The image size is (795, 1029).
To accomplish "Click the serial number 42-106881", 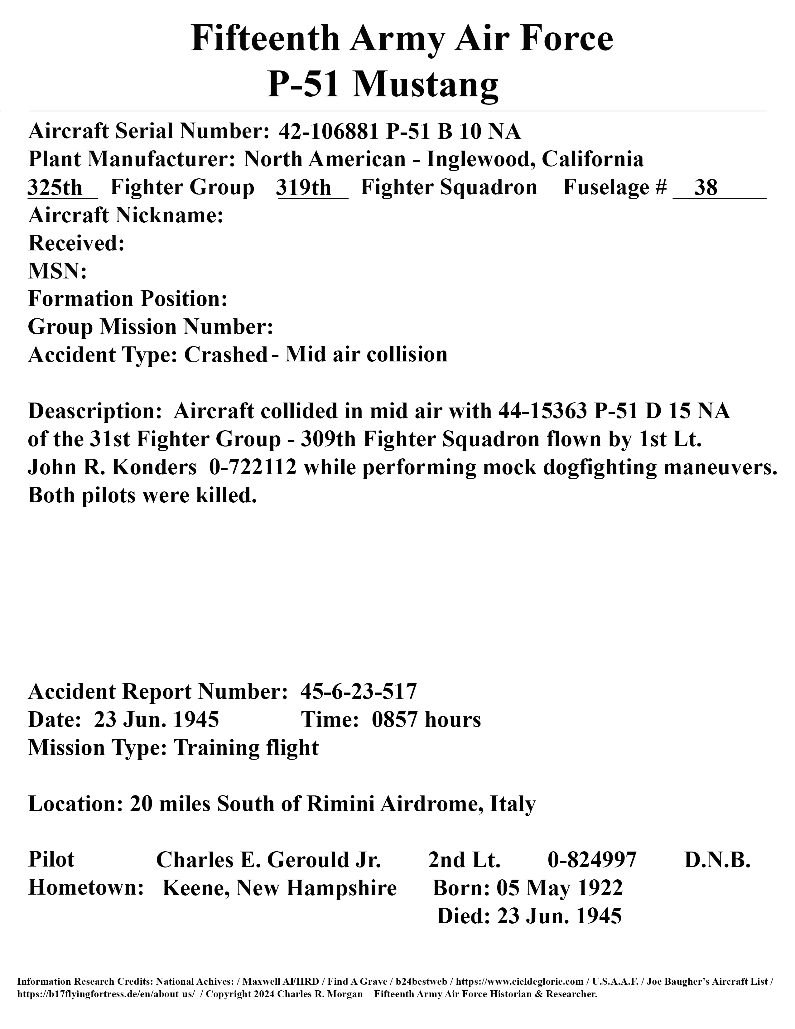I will tap(329, 132).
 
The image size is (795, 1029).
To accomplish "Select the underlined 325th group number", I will tap(55, 187).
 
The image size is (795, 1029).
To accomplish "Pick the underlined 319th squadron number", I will tap(304, 187).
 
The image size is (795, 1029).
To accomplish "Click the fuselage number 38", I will tap(706, 187).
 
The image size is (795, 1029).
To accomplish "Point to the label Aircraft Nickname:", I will tap(126, 215).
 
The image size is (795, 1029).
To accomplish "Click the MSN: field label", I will tap(57, 271).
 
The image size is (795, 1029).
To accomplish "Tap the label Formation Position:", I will tap(128, 299).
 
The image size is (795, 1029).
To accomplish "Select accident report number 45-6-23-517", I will tap(359, 692).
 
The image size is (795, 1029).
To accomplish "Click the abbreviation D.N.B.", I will tap(717, 859).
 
